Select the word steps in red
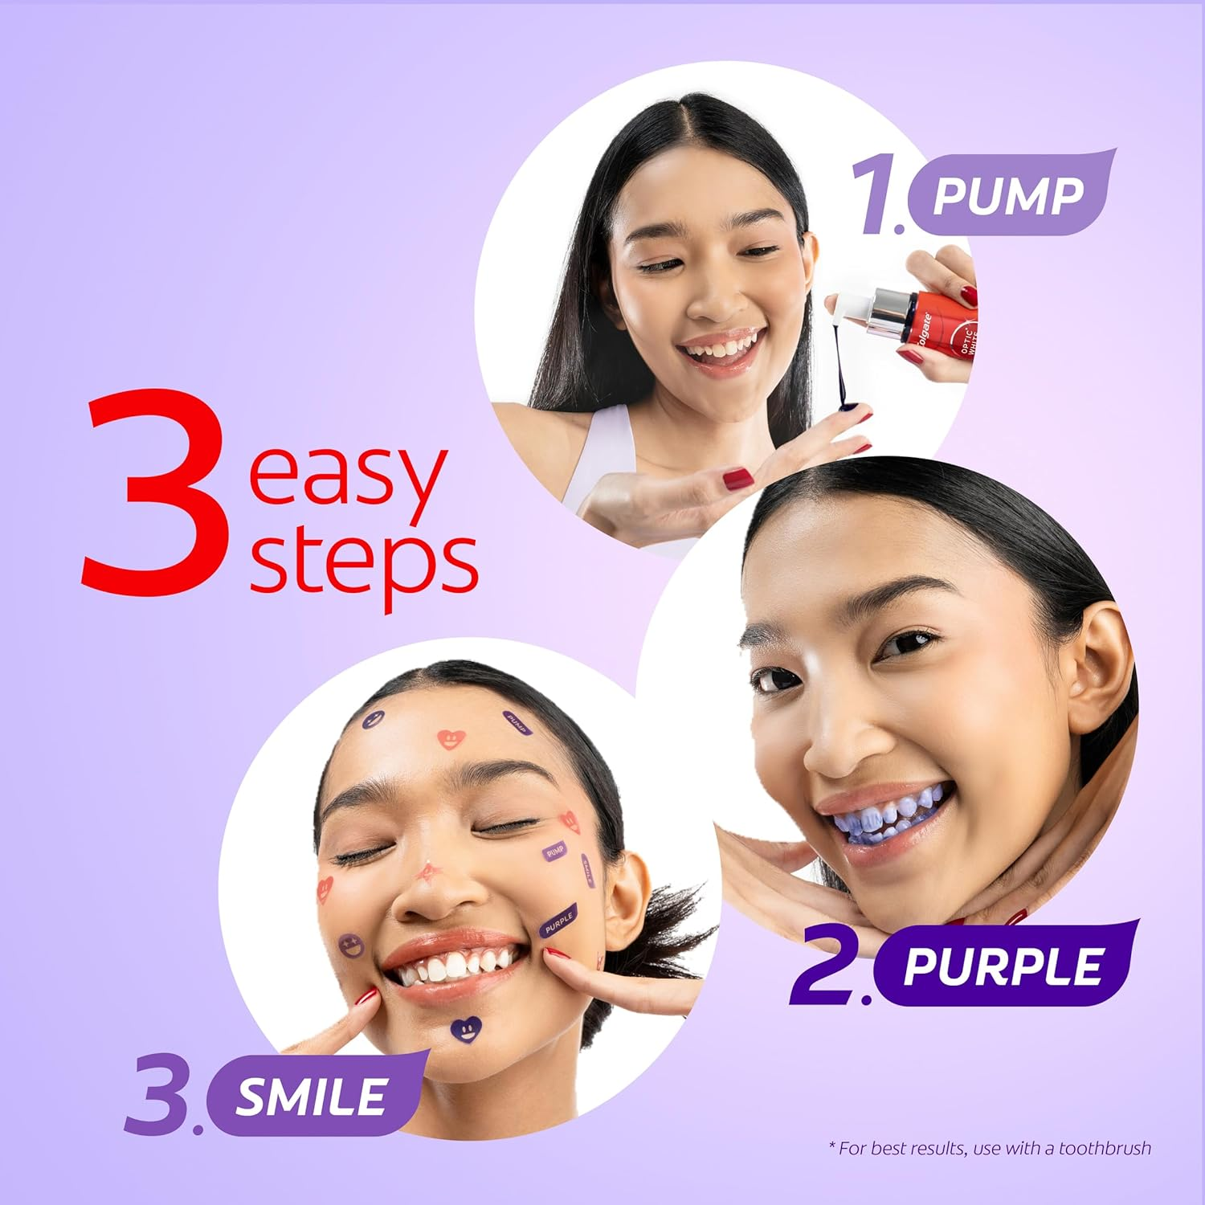363,562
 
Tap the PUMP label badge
1008,195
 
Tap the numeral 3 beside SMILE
157,1097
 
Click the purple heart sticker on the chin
466,1027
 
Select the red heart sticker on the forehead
451,738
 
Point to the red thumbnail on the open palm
737,480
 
